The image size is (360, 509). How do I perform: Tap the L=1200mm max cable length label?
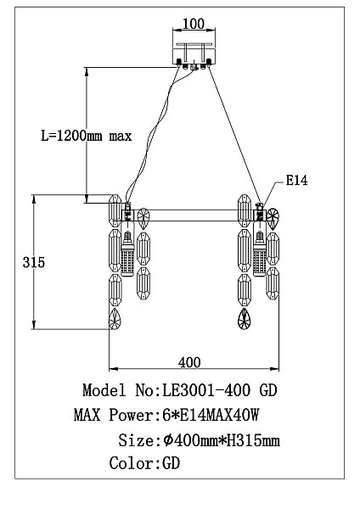[x=86, y=135]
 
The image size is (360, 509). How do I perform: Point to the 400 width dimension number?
[x=189, y=361]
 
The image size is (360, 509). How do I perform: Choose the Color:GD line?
[x=144, y=464]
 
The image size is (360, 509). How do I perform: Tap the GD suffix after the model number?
[x=267, y=391]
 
